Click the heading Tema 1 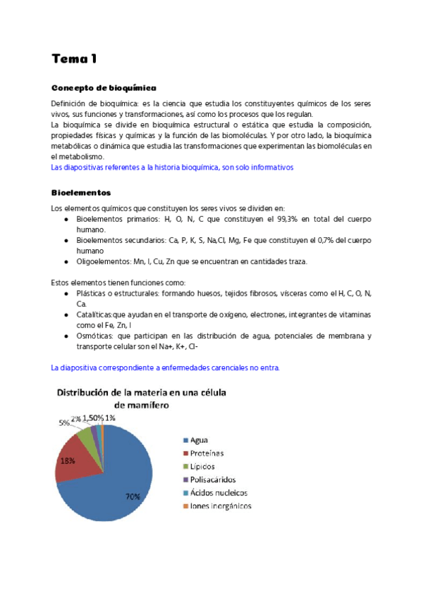click(x=74, y=59)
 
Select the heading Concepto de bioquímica click(x=104, y=88)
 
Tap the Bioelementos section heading click(x=80, y=192)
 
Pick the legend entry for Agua click(x=204, y=440)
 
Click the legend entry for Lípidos click(x=208, y=466)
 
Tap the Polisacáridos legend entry click(x=217, y=479)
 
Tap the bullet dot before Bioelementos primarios click(x=66, y=220)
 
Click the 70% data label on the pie click(x=132, y=497)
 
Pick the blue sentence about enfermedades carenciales click(x=165, y=367)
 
